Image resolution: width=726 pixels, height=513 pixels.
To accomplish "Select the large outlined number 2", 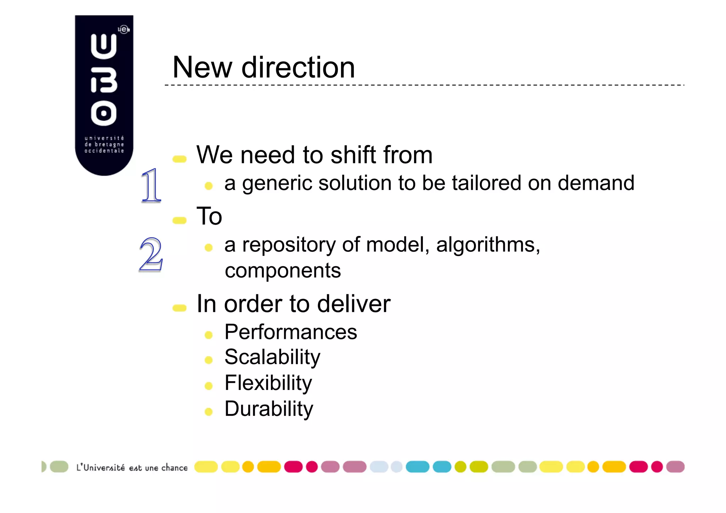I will (151, 254).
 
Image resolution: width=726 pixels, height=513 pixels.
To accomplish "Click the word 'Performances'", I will (291, 332).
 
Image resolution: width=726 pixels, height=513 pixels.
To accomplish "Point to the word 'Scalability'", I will (272, 357).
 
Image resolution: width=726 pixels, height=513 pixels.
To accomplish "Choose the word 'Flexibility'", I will (268, 383).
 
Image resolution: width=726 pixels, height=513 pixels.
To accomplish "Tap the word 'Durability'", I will (269, 409).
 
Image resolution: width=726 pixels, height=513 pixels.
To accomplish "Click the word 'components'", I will (283, 271).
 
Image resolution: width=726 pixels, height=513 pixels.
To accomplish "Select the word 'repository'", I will (289, 245).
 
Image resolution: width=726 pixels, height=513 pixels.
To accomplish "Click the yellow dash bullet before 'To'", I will (179, 221).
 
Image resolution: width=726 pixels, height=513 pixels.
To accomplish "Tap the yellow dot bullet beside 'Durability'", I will (208, 412).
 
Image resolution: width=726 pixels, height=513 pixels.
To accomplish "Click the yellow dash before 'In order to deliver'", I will (179, 308).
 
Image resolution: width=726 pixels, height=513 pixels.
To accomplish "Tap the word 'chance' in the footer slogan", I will (174, 468).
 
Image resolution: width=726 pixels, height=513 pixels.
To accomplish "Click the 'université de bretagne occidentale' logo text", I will (104, 144).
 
